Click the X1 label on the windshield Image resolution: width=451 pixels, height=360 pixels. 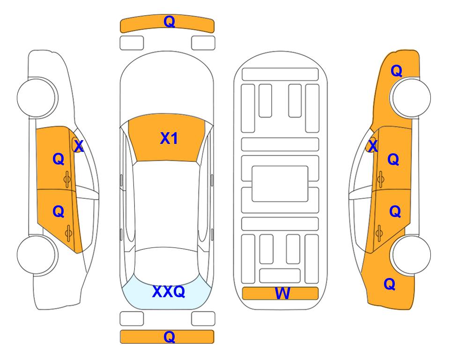[x=169, y=138]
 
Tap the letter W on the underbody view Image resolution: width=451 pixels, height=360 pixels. [x=282, y=293]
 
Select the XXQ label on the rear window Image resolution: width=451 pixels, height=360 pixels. [x=169, y=292]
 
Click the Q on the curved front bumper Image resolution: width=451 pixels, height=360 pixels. [x=169, y=22]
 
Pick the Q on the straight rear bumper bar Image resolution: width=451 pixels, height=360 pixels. [x=169, y=337]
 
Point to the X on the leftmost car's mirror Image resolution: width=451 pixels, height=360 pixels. [x=79, y=146]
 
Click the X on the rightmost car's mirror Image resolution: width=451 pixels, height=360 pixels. [x=373, y=146]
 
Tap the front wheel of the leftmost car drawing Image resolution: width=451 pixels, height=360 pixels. [x=37, y=97]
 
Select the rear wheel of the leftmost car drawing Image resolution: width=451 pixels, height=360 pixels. [x=37, y=255]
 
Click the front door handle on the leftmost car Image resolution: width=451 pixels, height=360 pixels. [x=67, y=180]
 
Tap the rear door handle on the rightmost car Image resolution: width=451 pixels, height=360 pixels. [x=379, y=233]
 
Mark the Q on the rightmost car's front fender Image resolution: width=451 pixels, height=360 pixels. [x=396, y=71]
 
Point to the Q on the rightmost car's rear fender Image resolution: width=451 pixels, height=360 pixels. [x=390, y=284]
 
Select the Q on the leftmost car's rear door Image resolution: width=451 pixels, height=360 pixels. [x=59, y=212]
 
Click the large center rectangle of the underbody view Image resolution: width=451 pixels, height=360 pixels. [x=280, y=184]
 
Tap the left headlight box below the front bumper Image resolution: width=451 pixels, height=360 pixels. [x=132, y=43]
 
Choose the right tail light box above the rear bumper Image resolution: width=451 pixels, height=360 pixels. [x=203, y=319]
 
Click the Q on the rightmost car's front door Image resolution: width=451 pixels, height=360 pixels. [x=393, y=159]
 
